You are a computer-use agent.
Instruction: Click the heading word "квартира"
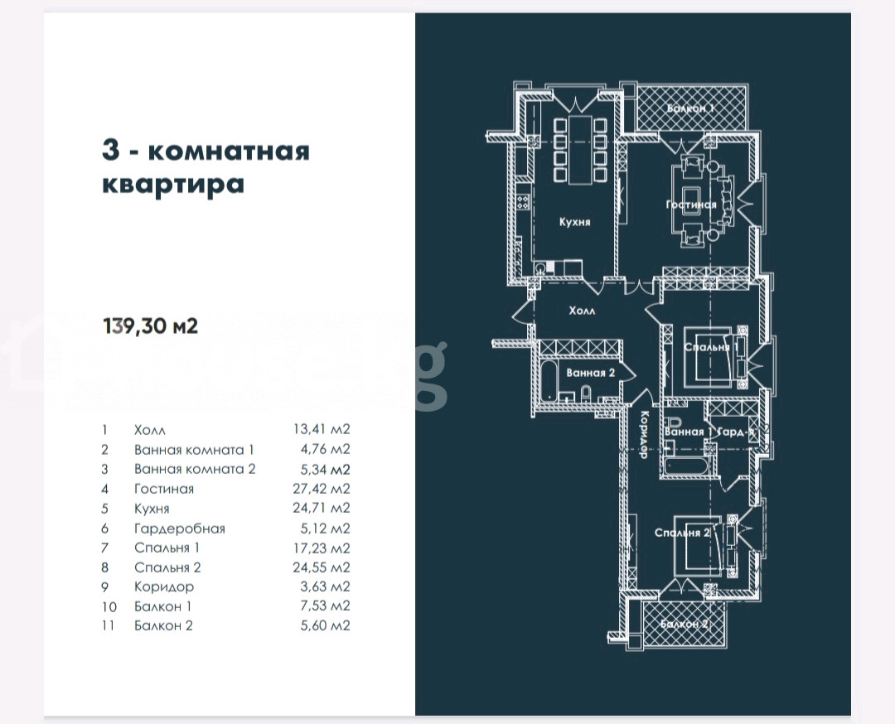pos(172,184)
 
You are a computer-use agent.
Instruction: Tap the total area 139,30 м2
pos(150,326)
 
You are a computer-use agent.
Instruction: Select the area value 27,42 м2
pos(317,489)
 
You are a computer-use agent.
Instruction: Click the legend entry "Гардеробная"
pos(179,528)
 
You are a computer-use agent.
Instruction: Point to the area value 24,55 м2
pos(317,567)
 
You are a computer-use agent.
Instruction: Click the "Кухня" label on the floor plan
pos(574,222)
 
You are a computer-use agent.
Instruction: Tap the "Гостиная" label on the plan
pos(691,205)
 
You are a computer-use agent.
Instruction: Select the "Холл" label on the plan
pos(581,311)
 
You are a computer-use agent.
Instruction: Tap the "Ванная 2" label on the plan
pos(591,373)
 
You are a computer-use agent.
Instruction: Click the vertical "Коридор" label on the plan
pos(642,436)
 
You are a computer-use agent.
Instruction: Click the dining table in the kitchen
pos(575,152)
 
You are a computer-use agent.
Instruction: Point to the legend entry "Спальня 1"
pos(167,548)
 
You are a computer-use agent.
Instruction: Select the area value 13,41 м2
pos(317,430)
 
